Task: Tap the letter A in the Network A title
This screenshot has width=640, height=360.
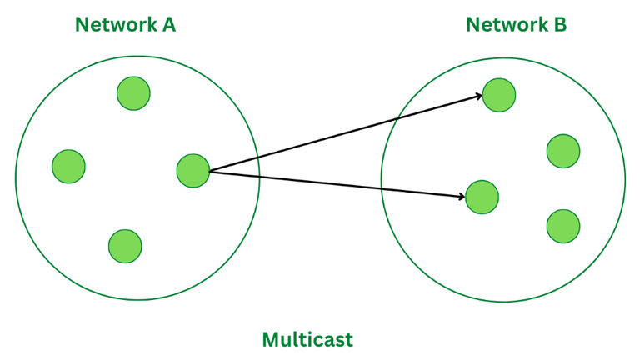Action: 167,25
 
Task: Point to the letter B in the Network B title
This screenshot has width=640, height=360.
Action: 560,25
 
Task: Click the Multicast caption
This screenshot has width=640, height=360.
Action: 307,340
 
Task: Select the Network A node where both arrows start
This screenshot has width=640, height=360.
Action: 193,171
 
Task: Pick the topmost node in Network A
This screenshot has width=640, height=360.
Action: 133,92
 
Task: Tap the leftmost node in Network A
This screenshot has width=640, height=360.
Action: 68,166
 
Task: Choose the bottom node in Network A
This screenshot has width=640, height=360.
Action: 125,245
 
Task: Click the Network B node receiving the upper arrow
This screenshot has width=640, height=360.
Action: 499,95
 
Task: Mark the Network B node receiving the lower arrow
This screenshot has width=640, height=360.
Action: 482,197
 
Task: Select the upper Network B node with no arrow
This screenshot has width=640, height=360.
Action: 563,151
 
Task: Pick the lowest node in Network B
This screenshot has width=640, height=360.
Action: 563,226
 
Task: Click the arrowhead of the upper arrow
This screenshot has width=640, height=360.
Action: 477,97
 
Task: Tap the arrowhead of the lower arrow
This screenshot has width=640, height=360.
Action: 460,197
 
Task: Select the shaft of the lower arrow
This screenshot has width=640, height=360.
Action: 333,183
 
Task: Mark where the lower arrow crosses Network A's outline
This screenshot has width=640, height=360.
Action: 260,176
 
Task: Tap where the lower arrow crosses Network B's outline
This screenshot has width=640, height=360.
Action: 382,188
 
